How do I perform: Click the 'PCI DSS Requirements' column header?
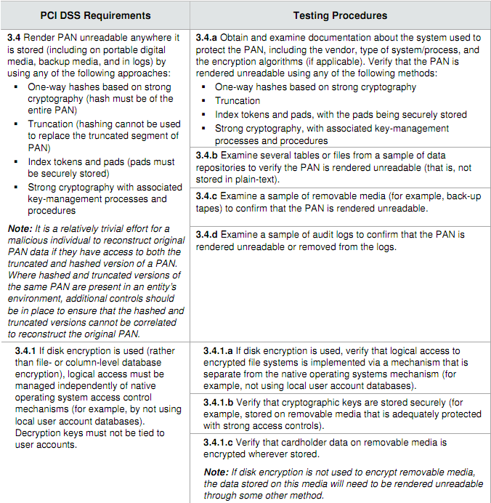94,15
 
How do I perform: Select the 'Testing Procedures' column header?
340,15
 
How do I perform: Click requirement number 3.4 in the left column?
14,38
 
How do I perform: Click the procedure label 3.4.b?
208,156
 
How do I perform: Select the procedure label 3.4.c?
208,196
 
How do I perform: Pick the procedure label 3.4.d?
208,236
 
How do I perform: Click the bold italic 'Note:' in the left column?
19,229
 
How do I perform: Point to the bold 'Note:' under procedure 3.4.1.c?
216,472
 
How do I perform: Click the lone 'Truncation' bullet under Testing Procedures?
238,101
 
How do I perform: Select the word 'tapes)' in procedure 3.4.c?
211,209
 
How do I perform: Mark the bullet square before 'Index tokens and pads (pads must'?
16,162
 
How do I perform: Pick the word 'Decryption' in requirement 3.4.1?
39,433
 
